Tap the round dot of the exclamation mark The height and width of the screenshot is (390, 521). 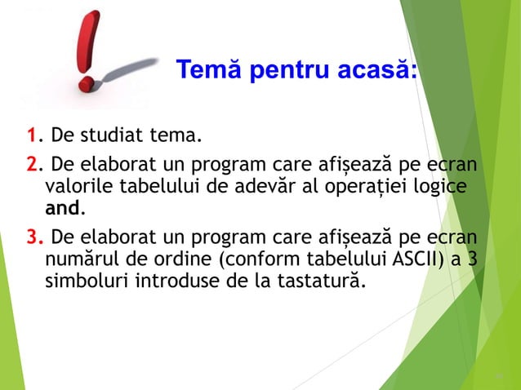click(86, 82)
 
